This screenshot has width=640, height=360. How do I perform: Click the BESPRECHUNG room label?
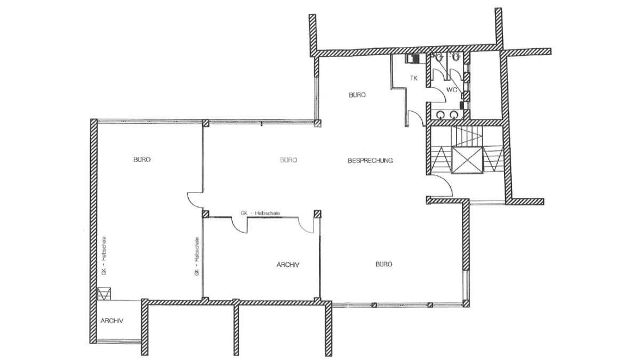point(370,161)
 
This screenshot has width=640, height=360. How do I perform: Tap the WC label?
point(452,90)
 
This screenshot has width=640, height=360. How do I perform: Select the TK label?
point(414,78)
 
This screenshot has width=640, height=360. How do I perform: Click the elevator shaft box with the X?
point(467,160)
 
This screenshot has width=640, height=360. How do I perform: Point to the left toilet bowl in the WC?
point(438,57)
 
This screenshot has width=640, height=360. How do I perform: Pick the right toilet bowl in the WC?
point(456,57)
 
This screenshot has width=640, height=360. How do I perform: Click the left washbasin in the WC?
point(441,115)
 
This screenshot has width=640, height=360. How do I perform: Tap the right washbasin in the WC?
point(454,115)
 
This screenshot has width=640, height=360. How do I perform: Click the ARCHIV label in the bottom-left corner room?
point(111,321)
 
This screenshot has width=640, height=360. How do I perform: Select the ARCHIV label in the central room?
point(287,265)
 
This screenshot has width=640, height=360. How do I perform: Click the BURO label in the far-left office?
point(142,159)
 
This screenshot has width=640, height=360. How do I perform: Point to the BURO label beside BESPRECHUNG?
point(289,160)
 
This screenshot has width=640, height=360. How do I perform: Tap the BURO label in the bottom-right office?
point(383,265)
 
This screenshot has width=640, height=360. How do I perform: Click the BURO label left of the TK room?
point(357,94)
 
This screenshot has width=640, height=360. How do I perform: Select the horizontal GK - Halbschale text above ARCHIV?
point(260,213)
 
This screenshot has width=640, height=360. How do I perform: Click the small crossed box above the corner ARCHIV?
point(104,294)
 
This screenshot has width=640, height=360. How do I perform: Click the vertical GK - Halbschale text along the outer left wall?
point(104,255)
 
